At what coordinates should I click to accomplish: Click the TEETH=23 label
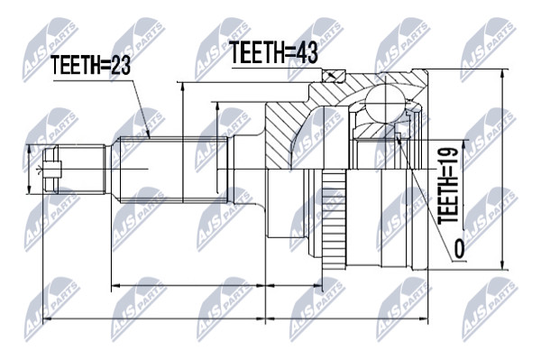tap(90, 65)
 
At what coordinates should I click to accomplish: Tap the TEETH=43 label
tap(273, 52)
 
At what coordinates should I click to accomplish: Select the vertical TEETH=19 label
tap(448, 185)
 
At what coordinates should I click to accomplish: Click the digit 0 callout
tap(459, 249)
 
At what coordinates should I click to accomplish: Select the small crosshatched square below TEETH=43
tap(334, 75)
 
